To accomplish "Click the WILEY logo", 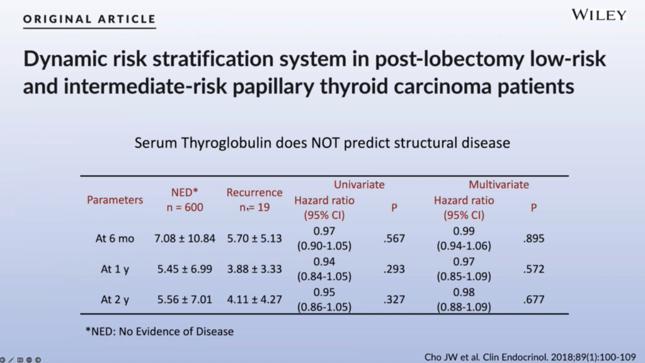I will click(x=598, y=15).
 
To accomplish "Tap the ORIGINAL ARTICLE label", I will click(x=89, y=18).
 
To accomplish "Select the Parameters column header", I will click(x=115, y=200).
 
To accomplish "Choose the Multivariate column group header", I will click(x=499, y=185).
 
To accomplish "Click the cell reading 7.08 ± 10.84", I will click(x=185, y=239).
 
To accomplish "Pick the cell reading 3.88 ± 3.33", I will click(x=254, y=270).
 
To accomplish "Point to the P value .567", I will click(x=394, y=239).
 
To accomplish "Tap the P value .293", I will click(x=394, y=270).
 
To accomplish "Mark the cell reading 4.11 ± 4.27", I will click(x=254, y=300).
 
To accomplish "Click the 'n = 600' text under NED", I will click(x=185, y=207).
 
